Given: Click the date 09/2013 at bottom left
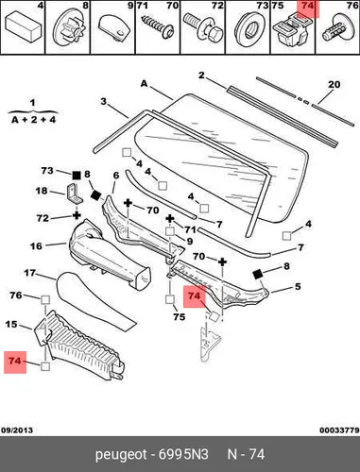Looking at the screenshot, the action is coord(17,430).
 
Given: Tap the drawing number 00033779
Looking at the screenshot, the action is coord(339,430).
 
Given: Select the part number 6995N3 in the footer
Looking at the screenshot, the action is coord(183,454).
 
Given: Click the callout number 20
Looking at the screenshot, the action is coord(334,84).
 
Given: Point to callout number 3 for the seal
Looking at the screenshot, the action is coord(104,102).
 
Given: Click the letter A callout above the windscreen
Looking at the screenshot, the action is coord(144,84).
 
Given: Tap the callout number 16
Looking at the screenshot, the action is coord(36,246).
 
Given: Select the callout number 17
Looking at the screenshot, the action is coord(30,273).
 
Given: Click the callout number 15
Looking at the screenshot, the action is coord(11,324).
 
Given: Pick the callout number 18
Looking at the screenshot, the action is coord(42,191).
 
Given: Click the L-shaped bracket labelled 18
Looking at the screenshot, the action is coord(75,194).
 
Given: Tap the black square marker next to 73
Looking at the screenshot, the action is coord(77,176).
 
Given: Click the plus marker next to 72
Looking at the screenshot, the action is coord(77,215).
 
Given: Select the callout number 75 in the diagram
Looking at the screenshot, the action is coord(180,316).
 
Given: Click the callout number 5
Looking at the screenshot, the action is coord(298,286).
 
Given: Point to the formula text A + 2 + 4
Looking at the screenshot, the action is coord(33,120).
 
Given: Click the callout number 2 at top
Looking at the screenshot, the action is coord(201,76).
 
